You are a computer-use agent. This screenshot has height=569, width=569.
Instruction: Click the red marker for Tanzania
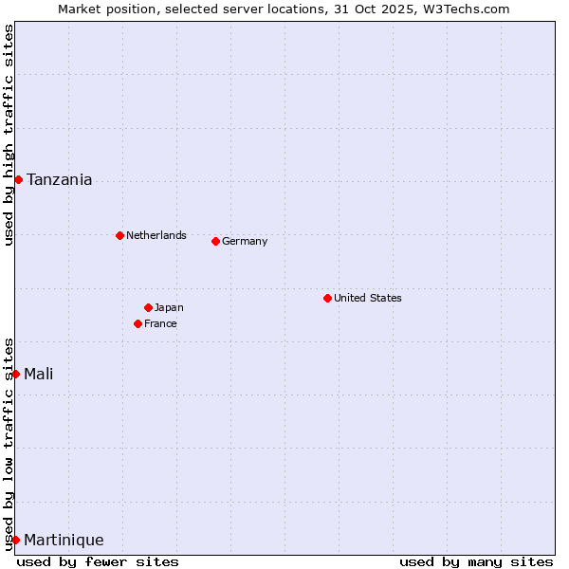[x=18, y=179]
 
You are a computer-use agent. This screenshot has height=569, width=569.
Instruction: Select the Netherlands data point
[x=119, y=235]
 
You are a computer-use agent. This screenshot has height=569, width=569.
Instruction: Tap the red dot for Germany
[x=215, y=241]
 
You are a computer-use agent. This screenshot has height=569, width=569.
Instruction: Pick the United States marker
[x=327, y=298]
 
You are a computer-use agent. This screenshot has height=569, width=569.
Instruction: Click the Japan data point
[x=148, y=307]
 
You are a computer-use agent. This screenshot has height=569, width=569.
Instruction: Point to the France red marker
[x=138, y=323]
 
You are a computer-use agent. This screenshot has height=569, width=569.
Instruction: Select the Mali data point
[x=15, y=374]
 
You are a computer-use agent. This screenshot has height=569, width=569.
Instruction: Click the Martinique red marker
[x=15, y=540]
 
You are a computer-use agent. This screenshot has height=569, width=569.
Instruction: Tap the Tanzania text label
[x=60, y=179]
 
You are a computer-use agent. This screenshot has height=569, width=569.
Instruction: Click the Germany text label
[x=245, y=241]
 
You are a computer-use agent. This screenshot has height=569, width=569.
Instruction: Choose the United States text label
[x=368, y=298]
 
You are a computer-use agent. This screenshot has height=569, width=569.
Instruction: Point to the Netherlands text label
[x=156, y=235]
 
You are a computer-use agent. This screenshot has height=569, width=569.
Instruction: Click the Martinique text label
[x=64, y=540]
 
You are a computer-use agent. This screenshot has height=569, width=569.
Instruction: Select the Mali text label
[x=39, y=374]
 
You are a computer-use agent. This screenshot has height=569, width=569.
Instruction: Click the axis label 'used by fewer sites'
[x=98, y=561]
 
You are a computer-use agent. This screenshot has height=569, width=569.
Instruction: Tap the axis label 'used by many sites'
[x=476, y=561]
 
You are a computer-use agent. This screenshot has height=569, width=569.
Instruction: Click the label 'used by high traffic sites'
[x=9, y=135]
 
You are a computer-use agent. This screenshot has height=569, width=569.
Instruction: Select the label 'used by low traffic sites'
[x=9, y=444]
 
